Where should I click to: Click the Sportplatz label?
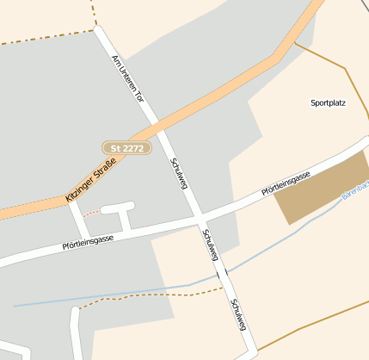pos(328,102)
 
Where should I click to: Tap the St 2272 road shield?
pos(127,148)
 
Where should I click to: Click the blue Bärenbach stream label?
pos(354,190)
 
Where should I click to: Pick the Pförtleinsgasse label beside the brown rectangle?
pos(286,184)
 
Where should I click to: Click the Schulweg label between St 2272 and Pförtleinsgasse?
pos(178,175)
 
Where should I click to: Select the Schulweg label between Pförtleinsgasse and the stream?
pos(210,245)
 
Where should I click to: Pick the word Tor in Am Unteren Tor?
pos(138,96)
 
